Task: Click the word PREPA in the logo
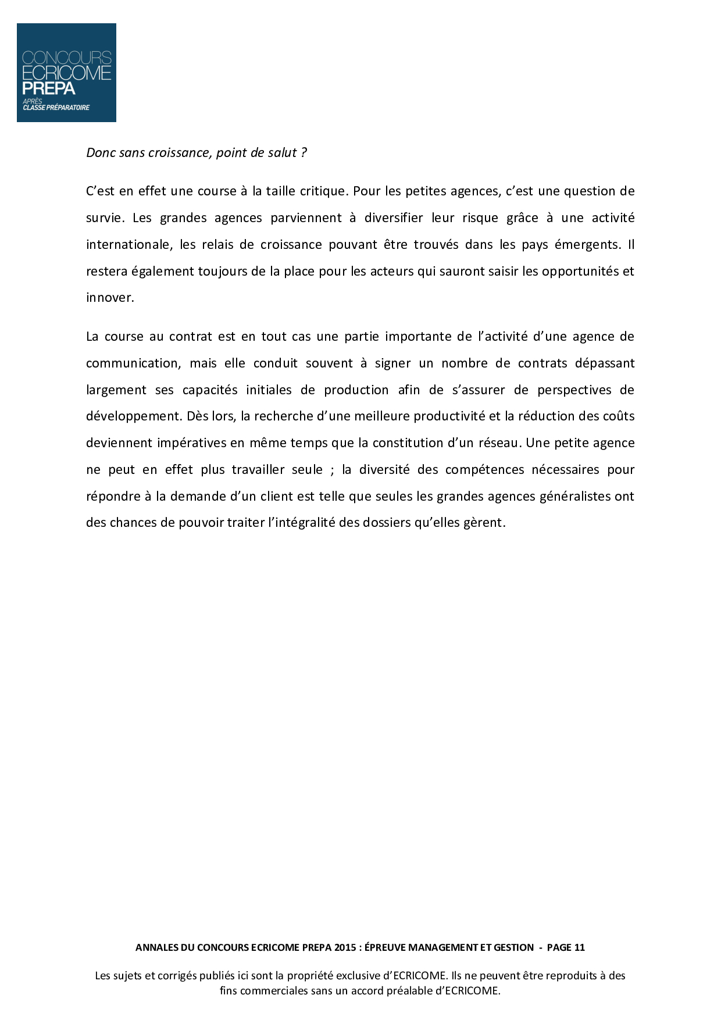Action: coord(49,89)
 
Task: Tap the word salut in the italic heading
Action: coord(282,153)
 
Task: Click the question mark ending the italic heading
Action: coord(304,153)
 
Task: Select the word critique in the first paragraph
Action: coord(322,191)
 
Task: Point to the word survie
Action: coord(104,218)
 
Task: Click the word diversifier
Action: coord(394,218)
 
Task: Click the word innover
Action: coord(109,298)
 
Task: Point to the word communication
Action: coord(133,363)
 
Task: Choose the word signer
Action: coord(392,363)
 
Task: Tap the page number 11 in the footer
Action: coord(579,947)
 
